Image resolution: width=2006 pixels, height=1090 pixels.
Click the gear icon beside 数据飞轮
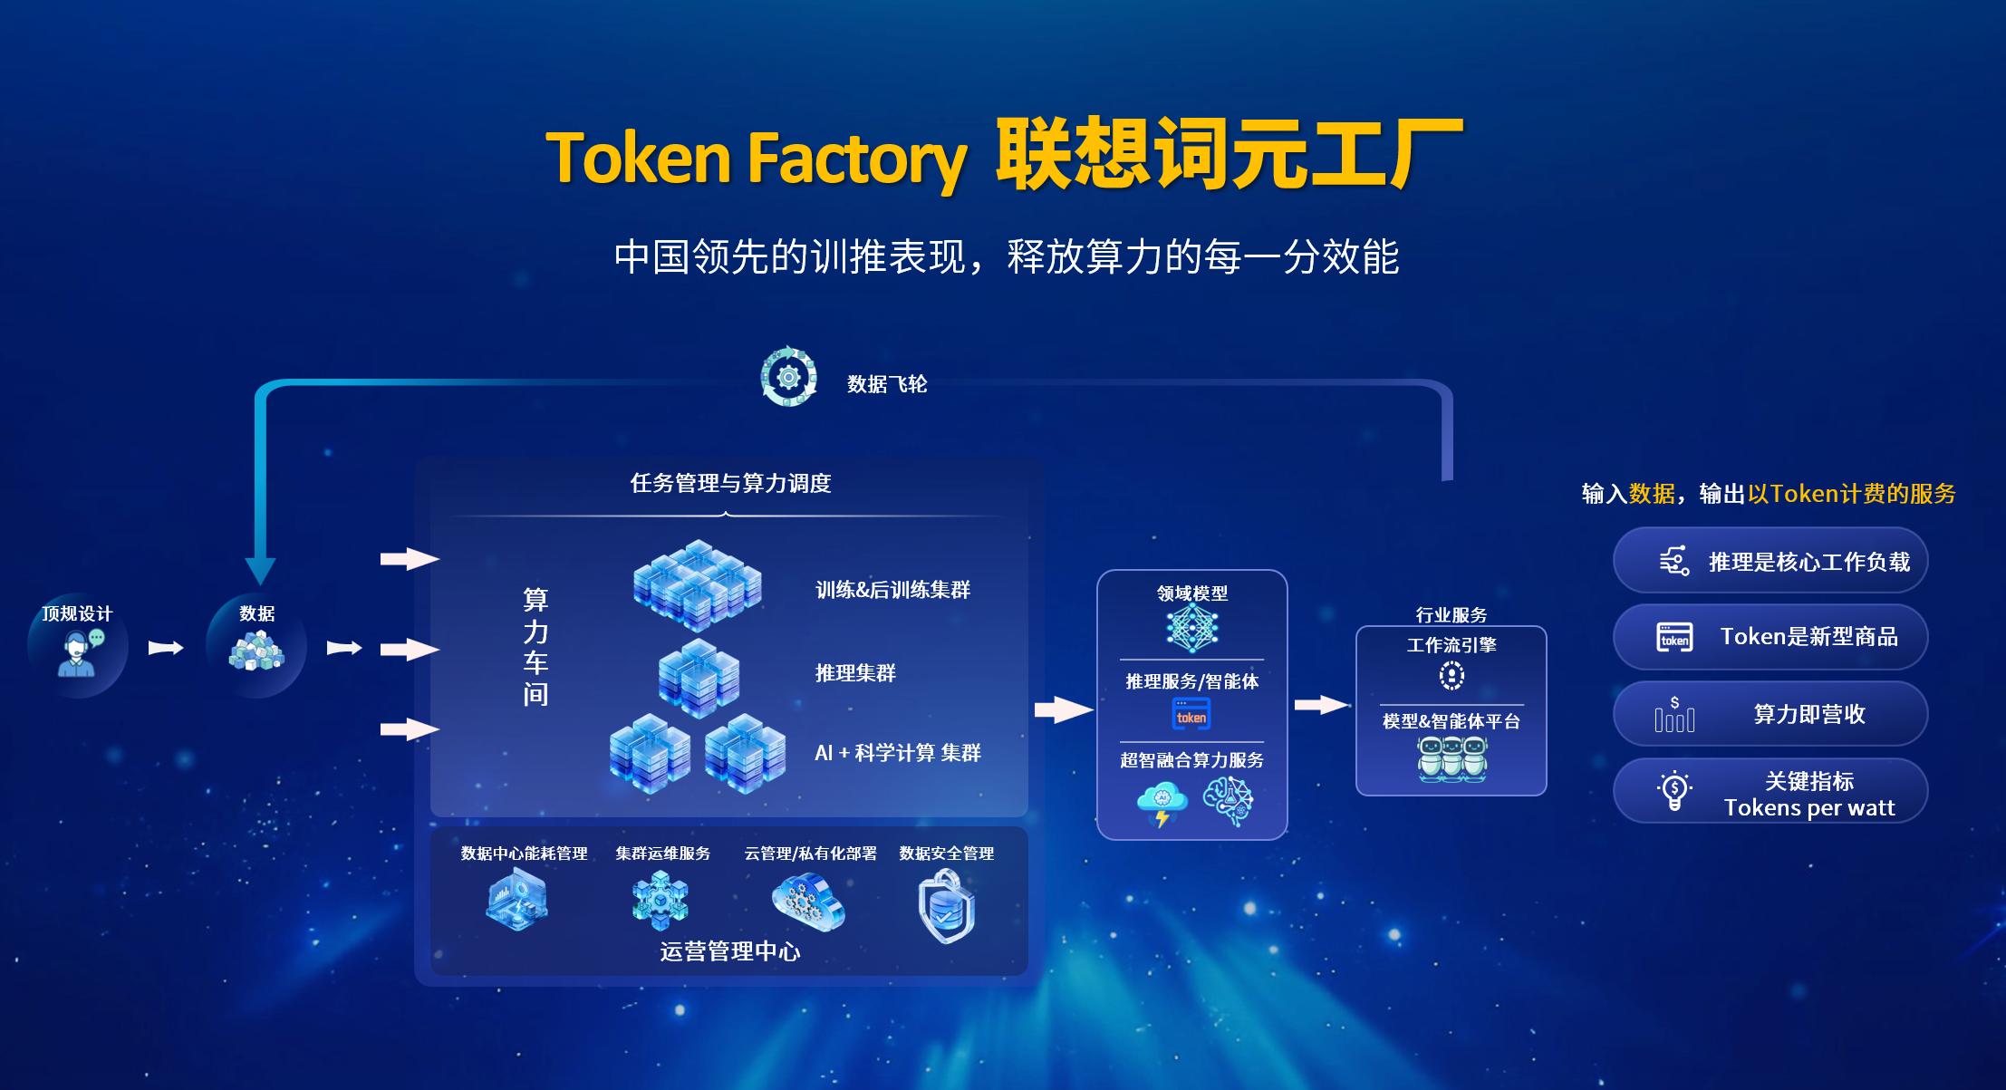tap(788, 377)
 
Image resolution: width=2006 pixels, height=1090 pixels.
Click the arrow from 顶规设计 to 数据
tap(166, 648)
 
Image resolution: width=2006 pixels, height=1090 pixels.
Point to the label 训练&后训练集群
tap(892, 590)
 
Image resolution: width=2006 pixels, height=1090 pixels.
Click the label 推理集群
tap(855, 672)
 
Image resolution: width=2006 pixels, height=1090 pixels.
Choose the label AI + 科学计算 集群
tap(898, 753)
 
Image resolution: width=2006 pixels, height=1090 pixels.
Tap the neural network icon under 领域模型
tap(1191, 629)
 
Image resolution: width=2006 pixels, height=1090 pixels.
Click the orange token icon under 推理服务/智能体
tap(1191, 714)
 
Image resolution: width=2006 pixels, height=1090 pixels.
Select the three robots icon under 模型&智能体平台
tap(1452, 758)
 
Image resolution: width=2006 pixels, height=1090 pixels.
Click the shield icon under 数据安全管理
tap(946, 906)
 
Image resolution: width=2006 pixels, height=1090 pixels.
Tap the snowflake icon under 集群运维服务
tap(661, 900)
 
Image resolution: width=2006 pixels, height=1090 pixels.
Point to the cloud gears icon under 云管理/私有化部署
tap(808, 902)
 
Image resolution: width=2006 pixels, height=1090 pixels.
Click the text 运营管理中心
tap(730, 951)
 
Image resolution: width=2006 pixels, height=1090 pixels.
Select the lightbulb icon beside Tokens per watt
tap(1674, 791)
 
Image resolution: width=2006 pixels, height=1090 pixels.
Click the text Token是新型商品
tap(1809, 637)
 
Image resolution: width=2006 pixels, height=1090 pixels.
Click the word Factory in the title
tap(856, 159)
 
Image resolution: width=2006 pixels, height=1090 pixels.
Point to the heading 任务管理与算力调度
tap(730, 484)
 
